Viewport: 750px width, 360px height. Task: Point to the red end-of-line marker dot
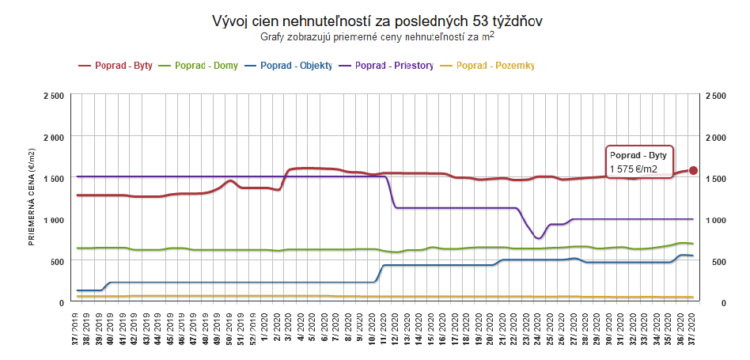click(693, 170)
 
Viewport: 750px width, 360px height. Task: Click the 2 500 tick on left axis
click(53, 96)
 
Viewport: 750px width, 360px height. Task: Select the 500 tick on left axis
click(58, 261)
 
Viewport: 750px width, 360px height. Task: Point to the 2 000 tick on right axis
click(714, 137)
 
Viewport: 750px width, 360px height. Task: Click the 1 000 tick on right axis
click(714, 220)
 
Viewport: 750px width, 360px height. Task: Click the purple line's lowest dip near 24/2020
click(538, 238)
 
